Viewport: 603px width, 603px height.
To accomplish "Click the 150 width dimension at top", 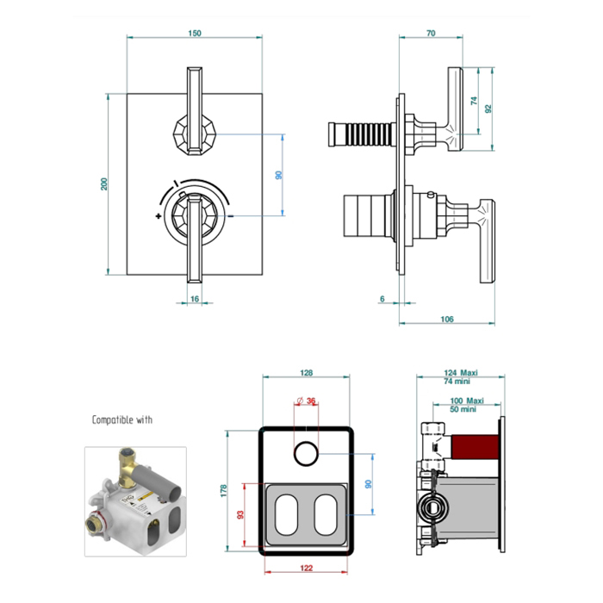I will (194, 34).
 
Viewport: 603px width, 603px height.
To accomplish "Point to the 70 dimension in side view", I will (431, 34).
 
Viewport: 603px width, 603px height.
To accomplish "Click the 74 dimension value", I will (473, 101).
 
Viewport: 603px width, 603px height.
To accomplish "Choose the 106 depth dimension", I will (446, 320).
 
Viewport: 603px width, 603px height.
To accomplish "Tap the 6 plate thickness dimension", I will (382, 298).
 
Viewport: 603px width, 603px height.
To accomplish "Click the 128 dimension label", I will (307, 373).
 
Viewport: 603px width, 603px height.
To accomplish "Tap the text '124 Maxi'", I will (462, 372).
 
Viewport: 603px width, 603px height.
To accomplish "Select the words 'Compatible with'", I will (122, 420).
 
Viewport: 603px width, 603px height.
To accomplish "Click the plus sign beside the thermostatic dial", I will (159, 216).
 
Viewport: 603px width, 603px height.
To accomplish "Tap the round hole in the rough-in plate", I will (307, 449).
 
